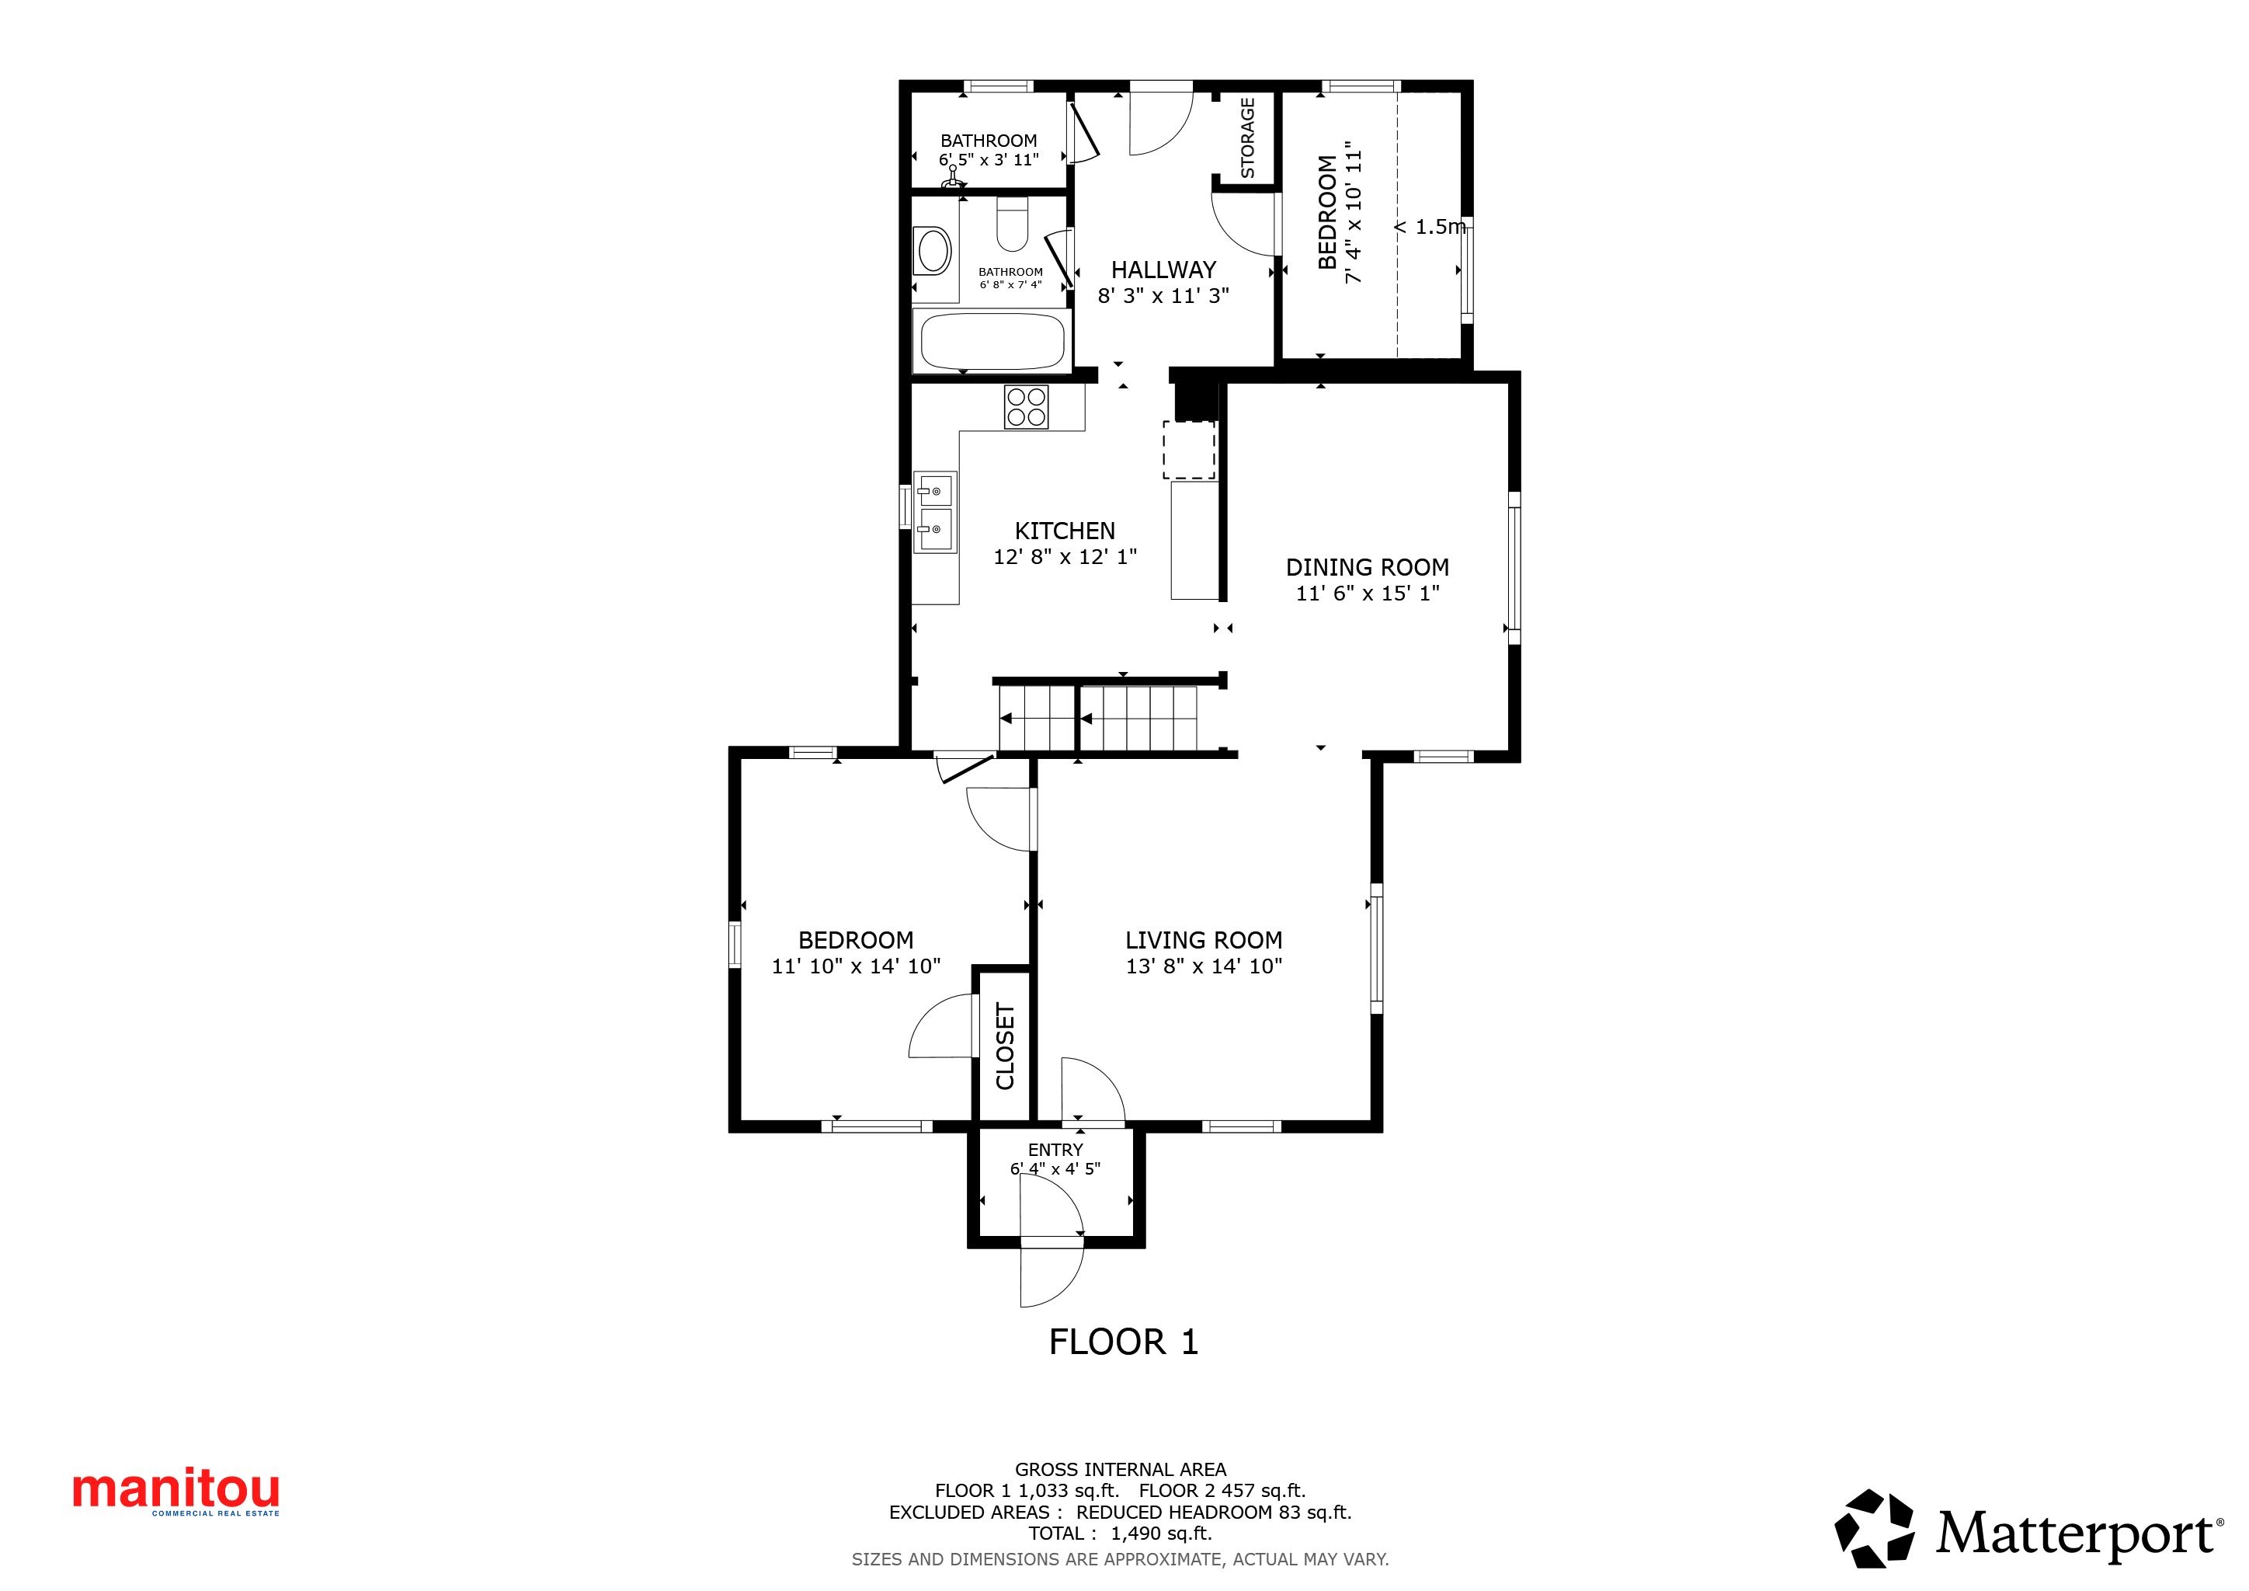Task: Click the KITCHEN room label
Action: [1065, 531]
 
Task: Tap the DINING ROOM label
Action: [1368, 567]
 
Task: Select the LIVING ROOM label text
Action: [1204, 941]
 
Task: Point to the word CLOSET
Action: [1005, 1046]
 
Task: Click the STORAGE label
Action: [1248, 138]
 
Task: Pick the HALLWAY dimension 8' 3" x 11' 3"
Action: [1163, 296]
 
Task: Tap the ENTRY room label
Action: [1056, 1149]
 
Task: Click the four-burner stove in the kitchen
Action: [1027, 406]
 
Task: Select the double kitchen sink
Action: [936, 514]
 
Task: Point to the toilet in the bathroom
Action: [1012, 224]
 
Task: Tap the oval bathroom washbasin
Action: [932, 251]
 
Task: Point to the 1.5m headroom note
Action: [1431, 228]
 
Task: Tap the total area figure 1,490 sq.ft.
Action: [1162, 1534]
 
